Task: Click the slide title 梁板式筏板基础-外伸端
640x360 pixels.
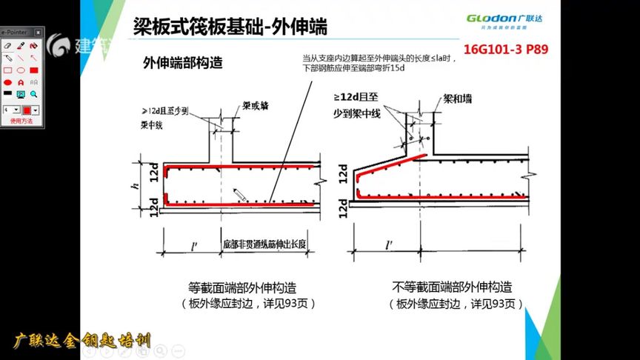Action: point(230,28)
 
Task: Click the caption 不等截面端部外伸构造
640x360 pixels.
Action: point(451,287)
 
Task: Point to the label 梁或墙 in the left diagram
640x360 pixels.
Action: point(256,106)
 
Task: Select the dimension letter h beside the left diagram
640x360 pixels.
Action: point(135,186)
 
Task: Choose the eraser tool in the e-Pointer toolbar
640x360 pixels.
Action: point(7,45)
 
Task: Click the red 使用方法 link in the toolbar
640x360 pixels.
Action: point(21,121)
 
